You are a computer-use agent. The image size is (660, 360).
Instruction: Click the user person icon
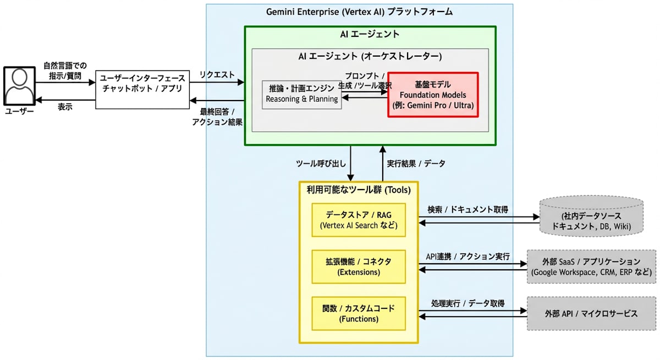coord(19,86)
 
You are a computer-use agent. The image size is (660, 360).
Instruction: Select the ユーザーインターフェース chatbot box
coord(142,90)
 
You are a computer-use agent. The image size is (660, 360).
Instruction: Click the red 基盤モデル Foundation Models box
coord(433,95)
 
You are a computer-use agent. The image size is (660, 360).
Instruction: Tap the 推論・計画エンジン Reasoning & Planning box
coord(302,95)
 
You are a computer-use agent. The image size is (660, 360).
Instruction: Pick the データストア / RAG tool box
coord(359,220)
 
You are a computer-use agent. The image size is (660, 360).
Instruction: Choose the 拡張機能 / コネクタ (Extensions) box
coord(359,267)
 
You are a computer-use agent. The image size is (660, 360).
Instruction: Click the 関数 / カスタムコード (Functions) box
coord(359,313)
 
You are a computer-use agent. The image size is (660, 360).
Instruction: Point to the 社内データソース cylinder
coord(591,216)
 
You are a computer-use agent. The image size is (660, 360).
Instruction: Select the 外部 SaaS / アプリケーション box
coord(591,267)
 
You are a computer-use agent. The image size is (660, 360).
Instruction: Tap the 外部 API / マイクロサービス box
coord(591,313)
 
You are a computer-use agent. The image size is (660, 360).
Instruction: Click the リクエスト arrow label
coord(217,75)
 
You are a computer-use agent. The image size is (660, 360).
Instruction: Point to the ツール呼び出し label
coord(321,163)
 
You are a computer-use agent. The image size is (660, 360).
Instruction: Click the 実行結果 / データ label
coord(416,163)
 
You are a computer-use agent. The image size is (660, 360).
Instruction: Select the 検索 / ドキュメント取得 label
coord(468,209)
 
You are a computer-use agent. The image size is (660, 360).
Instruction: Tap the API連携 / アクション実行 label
coord(468,257)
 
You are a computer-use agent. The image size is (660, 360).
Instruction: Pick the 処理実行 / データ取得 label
coord(468,303)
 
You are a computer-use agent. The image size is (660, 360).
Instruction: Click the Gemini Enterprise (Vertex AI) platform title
coord(360,12)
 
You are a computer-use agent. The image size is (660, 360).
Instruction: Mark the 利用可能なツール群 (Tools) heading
coord(359,190)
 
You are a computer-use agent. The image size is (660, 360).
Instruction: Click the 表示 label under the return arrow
coord(65,107)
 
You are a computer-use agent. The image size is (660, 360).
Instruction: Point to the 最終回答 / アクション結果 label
coord(217,117)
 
